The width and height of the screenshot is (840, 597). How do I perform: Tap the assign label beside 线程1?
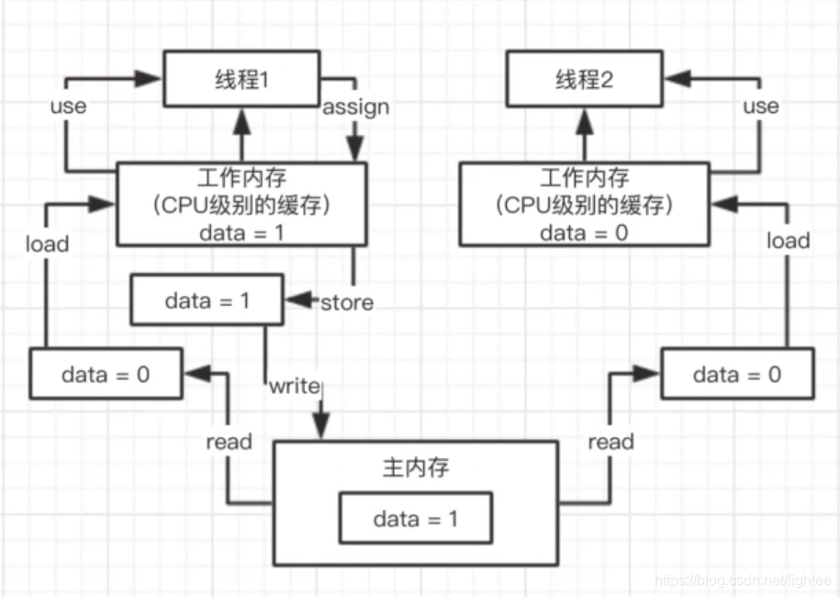(x=355, y=107)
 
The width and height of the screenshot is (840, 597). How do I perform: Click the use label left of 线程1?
(x=67, y=106)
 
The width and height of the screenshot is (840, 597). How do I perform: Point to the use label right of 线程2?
(x=760, y=106)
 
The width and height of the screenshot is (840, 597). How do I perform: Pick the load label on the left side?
(x=47, y=243)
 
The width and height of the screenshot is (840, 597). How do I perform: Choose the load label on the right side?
(x=788, y=241)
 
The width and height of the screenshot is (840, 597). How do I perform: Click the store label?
(x=346, y=302)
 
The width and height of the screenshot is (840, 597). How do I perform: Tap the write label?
(x=294, y=387)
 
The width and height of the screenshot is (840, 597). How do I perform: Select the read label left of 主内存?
(x=229, y=442)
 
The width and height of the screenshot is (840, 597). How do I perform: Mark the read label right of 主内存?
(x=610, y=442)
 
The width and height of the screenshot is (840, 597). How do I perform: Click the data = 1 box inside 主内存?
(x=415, y=518)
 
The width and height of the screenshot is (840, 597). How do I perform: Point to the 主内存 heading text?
(x=415, y=467)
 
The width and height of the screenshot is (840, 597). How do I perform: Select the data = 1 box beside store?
(x=207, y=299)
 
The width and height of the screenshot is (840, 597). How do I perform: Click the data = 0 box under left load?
(x=106, y=374)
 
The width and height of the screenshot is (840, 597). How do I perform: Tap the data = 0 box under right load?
(x=736, y=374)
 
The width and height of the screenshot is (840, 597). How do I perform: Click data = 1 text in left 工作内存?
(x=241, y=232)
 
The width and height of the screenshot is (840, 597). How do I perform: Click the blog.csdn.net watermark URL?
(x=743, y=580)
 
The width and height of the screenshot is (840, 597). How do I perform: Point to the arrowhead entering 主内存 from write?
(x=320, y=429)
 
